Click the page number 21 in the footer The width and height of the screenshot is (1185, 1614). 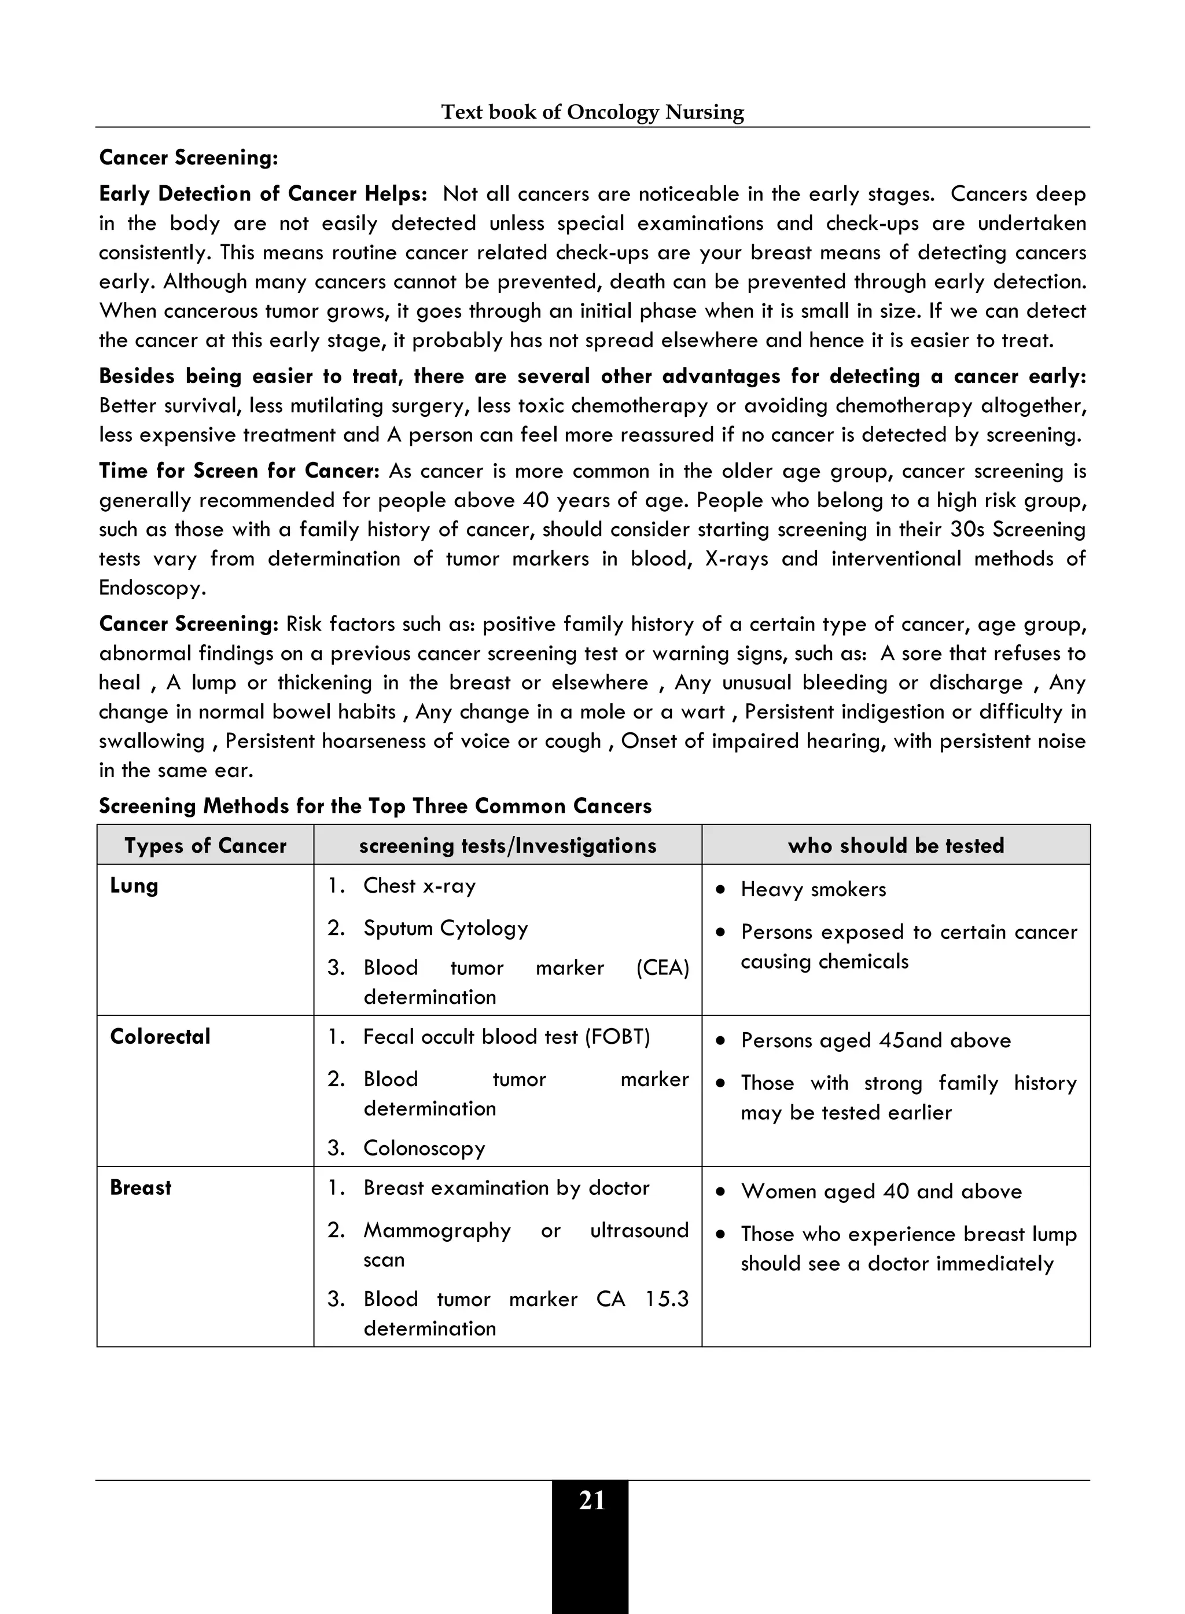click(x=591, y=1501)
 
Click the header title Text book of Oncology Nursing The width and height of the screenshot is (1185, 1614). click(x=592, y=112)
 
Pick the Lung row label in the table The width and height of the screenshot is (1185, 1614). click(x=134, y=886)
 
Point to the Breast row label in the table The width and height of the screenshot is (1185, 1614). click(x=141, y=1188)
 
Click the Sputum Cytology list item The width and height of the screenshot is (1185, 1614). click(x=446, y=928)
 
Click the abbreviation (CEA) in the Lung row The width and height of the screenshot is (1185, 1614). click(x=662, y=967)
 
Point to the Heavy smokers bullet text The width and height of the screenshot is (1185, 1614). click(x=814, y=889)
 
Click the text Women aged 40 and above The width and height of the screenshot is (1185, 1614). click(x=881, y=1191)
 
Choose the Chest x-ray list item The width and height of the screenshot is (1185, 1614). click(x=419, y=886)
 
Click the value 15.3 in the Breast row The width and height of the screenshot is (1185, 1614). click(x=667, y=1299)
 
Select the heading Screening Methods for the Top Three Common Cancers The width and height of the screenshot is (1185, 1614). click(x=375, y=806)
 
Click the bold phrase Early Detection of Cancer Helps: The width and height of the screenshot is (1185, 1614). click(x=263, y=194)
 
